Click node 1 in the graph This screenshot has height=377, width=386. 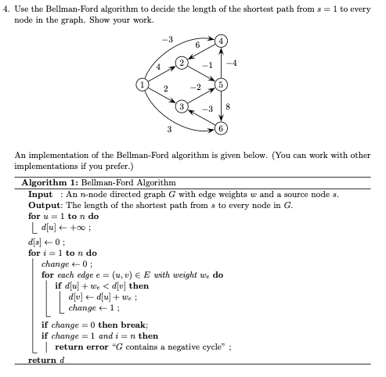[142, 83]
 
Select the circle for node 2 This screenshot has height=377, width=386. [182, 62]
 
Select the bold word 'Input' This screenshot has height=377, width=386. [41, 193]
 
